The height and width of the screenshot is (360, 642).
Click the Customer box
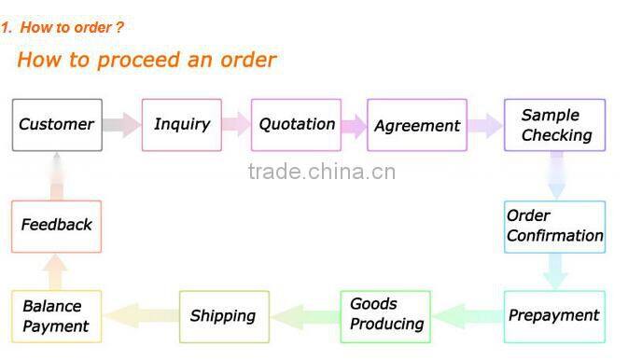pyautogui.click(x=57, y=125)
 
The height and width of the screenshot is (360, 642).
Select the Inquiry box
pyautogui.click(x=182, y=125)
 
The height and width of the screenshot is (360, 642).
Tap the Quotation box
pyautogui.click(x=297, y=125)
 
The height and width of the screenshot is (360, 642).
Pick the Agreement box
pyautogui.click(x=416, y=125)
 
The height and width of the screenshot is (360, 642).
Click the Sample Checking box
pyautogui.click(x=555, y=125)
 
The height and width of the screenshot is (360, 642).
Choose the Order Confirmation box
pyautogui.click(x=554, y=226)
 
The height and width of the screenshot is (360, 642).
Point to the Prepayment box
pyautogui.click(x=553, y=315)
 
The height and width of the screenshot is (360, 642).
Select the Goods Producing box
pyautogui.click(x=385, y=315)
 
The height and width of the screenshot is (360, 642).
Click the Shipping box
pyautogui.click(x=223, y=315)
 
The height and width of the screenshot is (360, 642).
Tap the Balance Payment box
pyautogui.click(x=56, y=315)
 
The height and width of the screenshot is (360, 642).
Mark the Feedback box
pyautogui.click(x=56, y=226)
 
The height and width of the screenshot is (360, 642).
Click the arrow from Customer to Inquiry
pyautogui.click(x=121, y=125)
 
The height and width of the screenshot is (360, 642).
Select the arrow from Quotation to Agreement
pyautogui.click(x=353, y=125)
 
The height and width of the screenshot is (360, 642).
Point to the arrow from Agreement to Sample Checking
pyautogui.click(x=485, y=125)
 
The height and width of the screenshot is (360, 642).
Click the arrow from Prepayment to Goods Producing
pyautogui.click(x=468, y=315)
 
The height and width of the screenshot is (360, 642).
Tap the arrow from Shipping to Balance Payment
pyautogui.click(x=140, y=315)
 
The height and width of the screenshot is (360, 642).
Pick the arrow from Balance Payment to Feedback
pyautogui.click(x=56, y=272)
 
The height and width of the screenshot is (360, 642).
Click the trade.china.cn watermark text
pyautogui.click(x=322, y=172)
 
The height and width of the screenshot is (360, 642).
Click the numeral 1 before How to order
pyautogui.click(x=5, y=28)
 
